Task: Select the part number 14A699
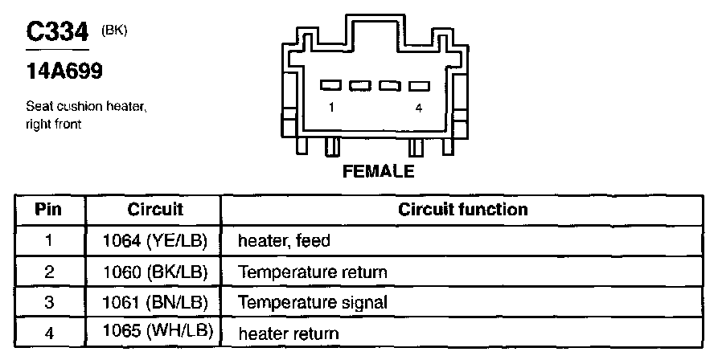click(64, 72)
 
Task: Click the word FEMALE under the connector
click(378, 171)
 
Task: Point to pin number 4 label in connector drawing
click(418, 107)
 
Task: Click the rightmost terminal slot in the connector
click(419, 85)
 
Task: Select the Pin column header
click(49, 210)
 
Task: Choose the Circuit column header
click(155, 210)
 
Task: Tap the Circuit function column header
click(463, 210)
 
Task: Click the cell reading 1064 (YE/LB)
click(154, 240)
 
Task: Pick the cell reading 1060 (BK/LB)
click(154, 272)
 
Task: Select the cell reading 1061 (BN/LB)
click(154, 302)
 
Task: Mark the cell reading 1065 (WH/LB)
click(154, 333)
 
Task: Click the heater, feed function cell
click(284, 241)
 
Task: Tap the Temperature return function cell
click(313, 272)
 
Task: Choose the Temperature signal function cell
click(313, 303)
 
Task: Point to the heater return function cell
click(289, 333)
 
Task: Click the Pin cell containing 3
click(49, 302)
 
